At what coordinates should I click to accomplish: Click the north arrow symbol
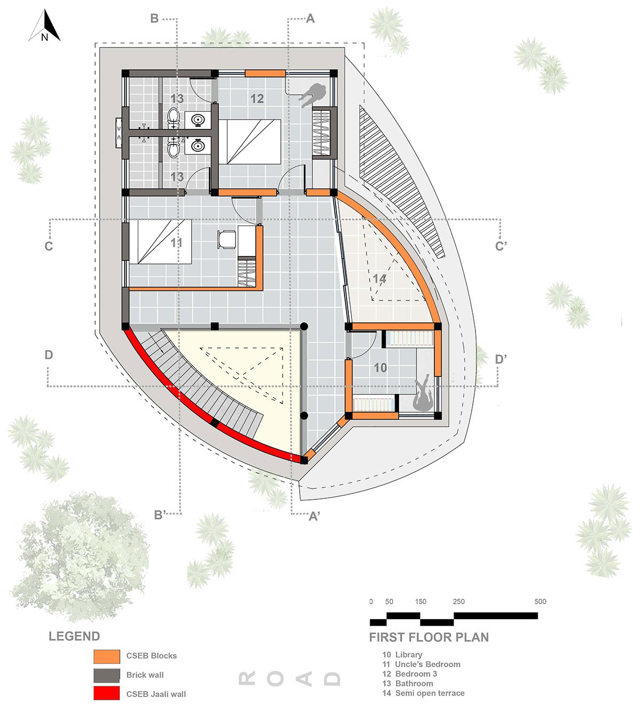(45, 26)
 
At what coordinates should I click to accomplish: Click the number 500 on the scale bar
(540, 601)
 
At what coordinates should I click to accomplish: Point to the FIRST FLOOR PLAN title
(429, 638)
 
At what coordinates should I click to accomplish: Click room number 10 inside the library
(380, 368)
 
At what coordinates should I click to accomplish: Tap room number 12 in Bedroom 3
(257, 98)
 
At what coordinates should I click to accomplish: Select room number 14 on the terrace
(379, 279)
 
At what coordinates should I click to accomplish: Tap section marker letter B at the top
(154, 18)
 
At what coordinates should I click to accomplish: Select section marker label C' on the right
(501, 246)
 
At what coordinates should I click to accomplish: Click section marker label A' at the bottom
(314, 516)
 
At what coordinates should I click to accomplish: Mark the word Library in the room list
(409, 655)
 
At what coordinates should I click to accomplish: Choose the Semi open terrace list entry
(423, 693)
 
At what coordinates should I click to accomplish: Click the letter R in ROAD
(247, 679)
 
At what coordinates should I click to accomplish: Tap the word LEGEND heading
(74, 637)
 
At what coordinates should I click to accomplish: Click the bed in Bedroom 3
(249, 142)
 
